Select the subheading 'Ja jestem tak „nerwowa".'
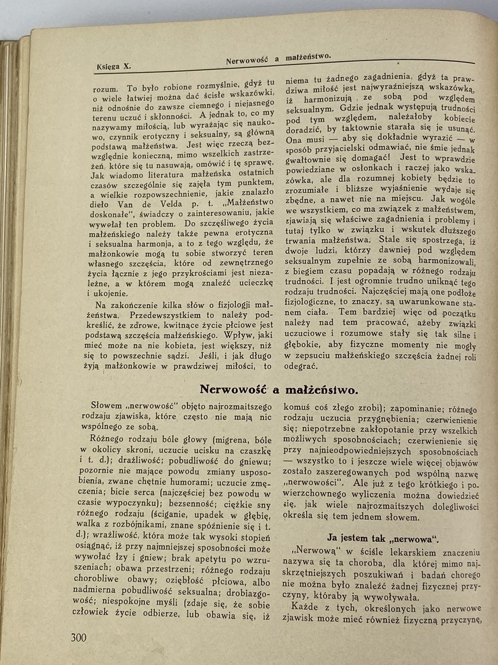click(382, 538)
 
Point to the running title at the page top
click(278, 58)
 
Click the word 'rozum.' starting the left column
click(105, 89)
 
